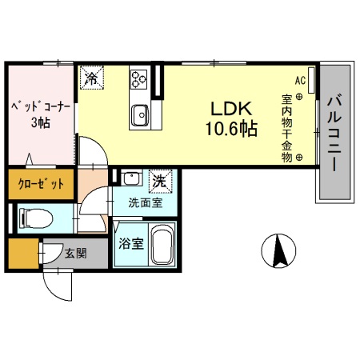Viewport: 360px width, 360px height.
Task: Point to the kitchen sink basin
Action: (140, 114)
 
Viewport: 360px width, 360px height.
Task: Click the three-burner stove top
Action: (139, 79)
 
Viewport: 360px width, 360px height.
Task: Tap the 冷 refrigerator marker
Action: (92, 78)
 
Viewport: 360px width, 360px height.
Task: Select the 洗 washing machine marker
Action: (160, 182)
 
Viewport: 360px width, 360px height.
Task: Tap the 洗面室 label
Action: (145, 202)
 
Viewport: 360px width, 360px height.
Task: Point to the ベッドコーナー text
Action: (39, 106)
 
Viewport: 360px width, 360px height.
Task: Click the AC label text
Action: (300, 81)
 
